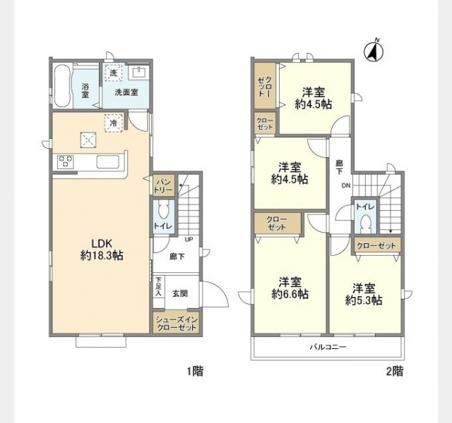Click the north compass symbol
tap(374, 51)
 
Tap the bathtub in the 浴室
tap(62, 85)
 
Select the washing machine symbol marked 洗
tap(114, 73)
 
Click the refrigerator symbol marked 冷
tap(114, 123)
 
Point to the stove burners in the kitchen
tap(66, 161)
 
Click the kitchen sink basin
tap(108, 161)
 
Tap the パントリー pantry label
tap(164, 185)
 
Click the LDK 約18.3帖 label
tap(102, 249)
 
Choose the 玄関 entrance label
tap(180, 293)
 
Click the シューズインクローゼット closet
tap(176, 324)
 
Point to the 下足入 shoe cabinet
tap(159, 287)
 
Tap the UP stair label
tap(189, 240)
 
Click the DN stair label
tap(346, 185)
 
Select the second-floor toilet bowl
tap(366, 223)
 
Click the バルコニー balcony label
tap(328, 347)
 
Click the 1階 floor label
tap(196, 372)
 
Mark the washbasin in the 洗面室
tap(139, 72)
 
